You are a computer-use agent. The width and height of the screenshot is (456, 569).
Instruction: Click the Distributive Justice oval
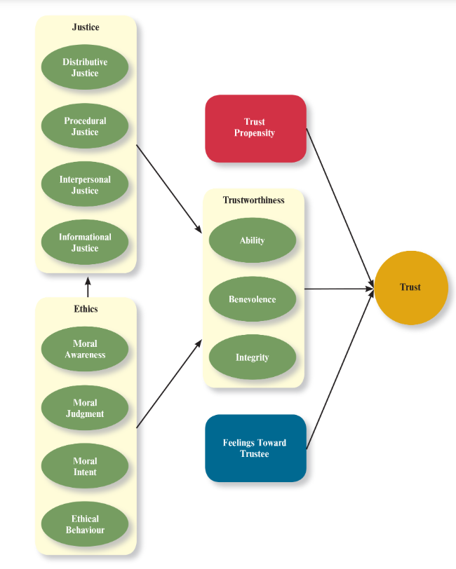point(85,67)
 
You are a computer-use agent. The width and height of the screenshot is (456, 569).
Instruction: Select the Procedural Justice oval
point(85,126)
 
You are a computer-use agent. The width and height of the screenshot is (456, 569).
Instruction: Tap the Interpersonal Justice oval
point(85,184)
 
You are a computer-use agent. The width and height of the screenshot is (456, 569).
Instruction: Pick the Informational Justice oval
point(85,242)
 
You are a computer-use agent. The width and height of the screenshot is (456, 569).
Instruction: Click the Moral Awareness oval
point(85,349)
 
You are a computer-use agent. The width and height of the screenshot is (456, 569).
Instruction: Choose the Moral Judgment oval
point(85,408)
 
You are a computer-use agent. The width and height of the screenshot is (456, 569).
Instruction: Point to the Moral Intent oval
point(85,466)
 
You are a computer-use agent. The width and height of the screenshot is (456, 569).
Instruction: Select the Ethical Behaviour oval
point(85,524)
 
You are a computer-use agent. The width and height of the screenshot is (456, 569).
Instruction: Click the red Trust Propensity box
point(255,128)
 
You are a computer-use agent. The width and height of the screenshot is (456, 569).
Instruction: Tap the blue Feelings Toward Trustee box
point(255,448)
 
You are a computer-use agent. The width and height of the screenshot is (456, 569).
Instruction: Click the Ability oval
point(253,240)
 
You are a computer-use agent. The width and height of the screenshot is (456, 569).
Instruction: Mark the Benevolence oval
point(253,299)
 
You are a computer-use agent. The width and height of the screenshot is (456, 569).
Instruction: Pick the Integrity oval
point(253,357)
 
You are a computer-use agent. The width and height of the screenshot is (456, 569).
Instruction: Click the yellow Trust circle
point(411,287)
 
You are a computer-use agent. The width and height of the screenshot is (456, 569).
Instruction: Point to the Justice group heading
point(86,27)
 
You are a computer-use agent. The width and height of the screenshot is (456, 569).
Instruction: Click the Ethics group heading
point(86,308)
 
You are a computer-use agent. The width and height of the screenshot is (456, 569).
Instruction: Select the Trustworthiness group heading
point(254,200)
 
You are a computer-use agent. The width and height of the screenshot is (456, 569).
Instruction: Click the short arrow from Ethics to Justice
point(88,286)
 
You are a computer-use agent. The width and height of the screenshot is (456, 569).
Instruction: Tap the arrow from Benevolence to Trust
point(338,288)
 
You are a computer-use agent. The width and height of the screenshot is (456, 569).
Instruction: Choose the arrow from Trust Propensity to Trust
point(340,206)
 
